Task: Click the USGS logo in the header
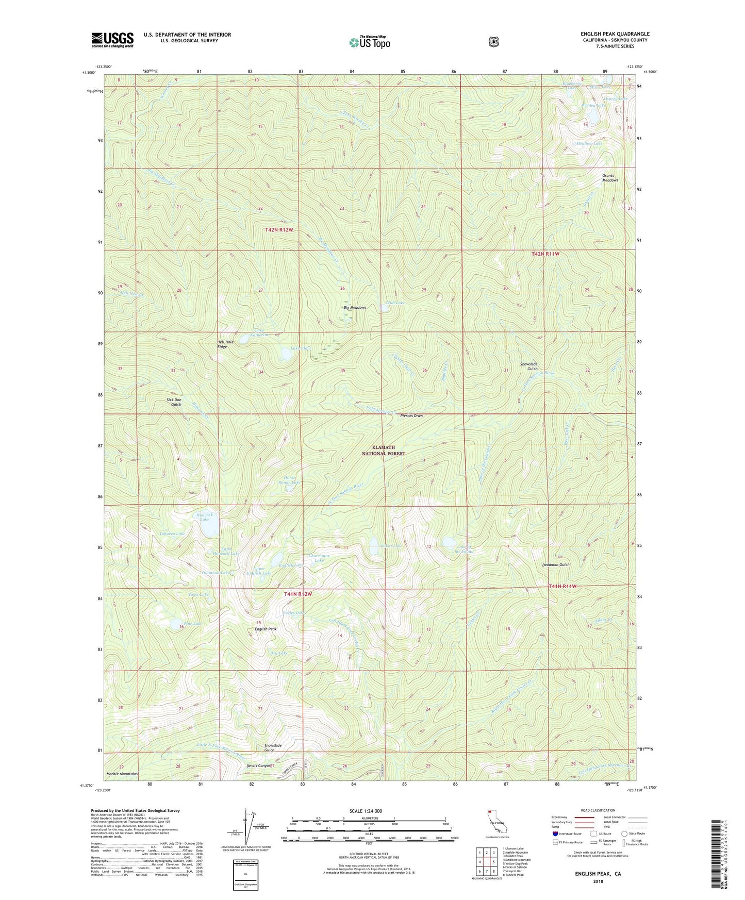pyautogui.click(x=112, y=40)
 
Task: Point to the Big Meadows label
pyautogui.click(x=355, y=308)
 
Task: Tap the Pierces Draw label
pyautogui.click(x=411, y=415)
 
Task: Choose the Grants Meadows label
pyautogui.click(x=610, y=178)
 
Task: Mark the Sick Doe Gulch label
pyautogui.click(x=174, y=402)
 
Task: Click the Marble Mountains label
pyautogui.click(x=122, y=774)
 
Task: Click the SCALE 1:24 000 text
pyautogui.click(x=366, y=811)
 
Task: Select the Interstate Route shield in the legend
pyautogui.click(x=555, y=834)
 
